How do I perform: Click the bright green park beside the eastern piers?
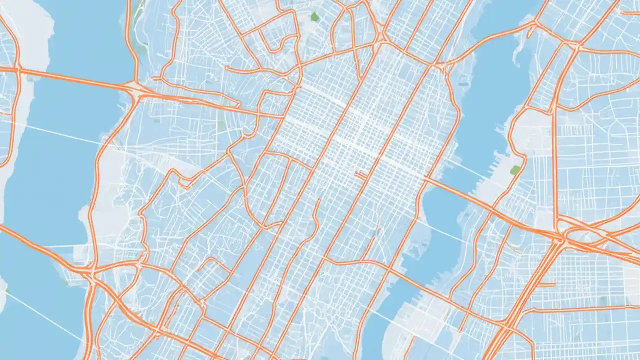pos(515,170)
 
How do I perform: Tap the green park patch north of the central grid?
pos(314,17)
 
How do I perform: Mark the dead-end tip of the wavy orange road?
pos(318,201)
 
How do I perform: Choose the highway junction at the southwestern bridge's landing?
pos(90,272)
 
